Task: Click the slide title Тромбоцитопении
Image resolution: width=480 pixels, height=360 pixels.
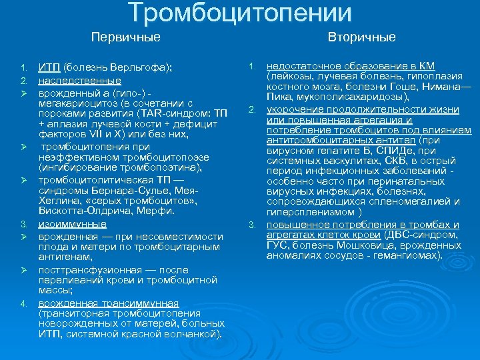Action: [239, 13]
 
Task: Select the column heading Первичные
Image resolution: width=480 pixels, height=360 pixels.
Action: [126, 37]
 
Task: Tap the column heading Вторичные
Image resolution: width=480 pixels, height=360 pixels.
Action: [362, 37]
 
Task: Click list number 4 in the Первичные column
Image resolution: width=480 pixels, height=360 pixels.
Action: [23, 303]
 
